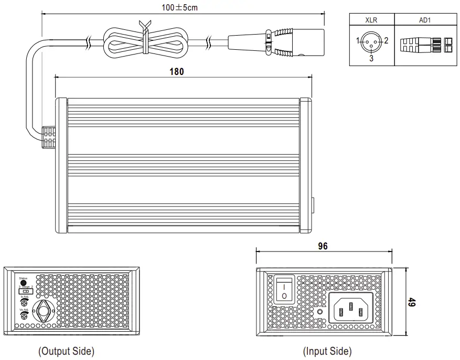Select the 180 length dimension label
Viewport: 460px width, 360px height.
[177, 72]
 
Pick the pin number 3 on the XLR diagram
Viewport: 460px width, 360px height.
[371, 59]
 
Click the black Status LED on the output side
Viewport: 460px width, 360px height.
[23, 283]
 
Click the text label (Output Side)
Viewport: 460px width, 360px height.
[67, 351]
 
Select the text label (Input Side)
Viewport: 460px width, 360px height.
[327, 351]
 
